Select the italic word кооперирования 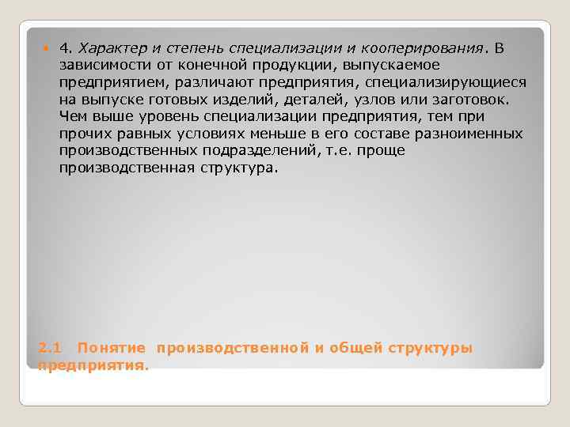(x=427, y=48)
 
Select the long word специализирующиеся (x=443, y=82)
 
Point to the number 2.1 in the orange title (x=49, y=348)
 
